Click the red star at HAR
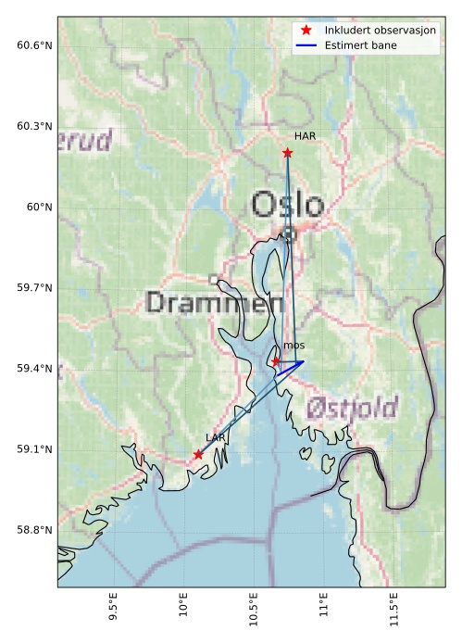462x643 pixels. click(x=287, y=153)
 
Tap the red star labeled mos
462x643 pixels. click(x=276, y=361)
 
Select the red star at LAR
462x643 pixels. click(x=198, y=454)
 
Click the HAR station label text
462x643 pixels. click(x=306, y=136)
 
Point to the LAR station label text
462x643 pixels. click(x=216, y=437)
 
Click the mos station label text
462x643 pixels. click(x=294, y=346)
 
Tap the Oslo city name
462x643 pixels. click(x=288, y=205)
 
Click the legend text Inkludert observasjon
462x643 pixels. click(x=380, y=31)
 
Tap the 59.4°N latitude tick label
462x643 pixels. click(x=34, y=369)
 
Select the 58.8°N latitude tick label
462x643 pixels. click(x=34, y=530)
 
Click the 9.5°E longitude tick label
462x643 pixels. click(x=113, y=613)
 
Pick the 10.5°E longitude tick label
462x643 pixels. click(x=254, y=613)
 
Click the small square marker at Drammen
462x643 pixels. click(x=213, y=279)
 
